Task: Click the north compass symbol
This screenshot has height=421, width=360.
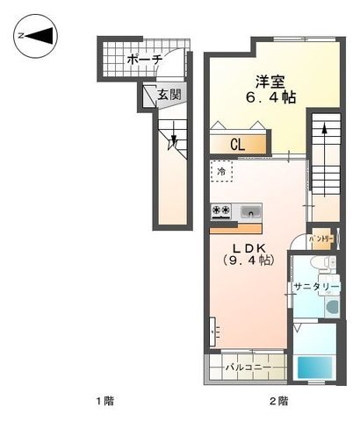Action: pyautogui.click(x=36, y=36)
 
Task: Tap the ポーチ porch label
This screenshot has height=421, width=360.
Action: pyautogui.click(x=144, y=60)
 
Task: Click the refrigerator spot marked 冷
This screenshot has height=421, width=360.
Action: pyautogui.click(x=221, y=171)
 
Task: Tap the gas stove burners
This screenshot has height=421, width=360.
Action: pyautogui.click(x=220, y=210)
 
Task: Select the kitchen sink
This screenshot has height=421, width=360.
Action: pyautogui.click(x=250, y=211)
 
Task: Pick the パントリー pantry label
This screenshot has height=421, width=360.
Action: pyautogui.click(x=322, y=238)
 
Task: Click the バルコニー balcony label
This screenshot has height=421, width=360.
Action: pyautogui.click(x=244, y=366)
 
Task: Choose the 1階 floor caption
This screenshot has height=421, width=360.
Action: pyautogui.click(x=104, y=401)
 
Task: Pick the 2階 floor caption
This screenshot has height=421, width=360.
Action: pyautogui.click(x=277, y=401)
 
